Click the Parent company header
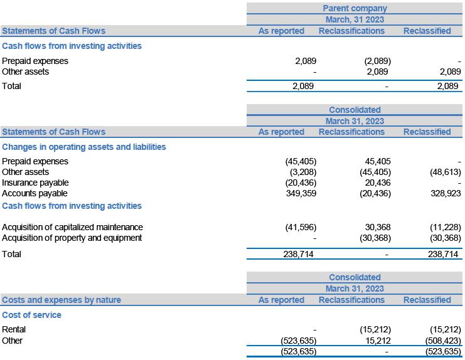[355, 8]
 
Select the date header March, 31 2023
[355, 19]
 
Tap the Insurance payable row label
[35, 183]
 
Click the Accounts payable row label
[35, 193]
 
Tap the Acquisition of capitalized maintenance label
[72, 227]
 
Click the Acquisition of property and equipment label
[72, 238]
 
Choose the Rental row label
[14, 329]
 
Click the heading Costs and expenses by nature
[61, 300]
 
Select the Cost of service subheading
[32, 315]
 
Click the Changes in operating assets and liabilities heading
[84, 147]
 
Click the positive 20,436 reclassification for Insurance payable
[378, 183]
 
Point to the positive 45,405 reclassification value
[378, 161]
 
